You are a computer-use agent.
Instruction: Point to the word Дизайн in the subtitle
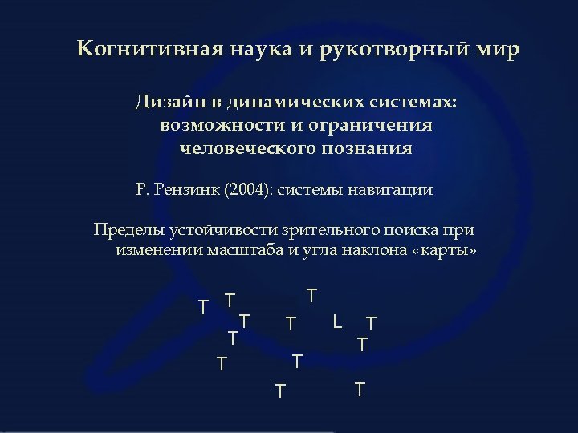coord(172,104)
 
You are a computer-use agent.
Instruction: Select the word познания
coord(368,148)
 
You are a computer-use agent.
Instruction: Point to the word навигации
coord(393,191)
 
